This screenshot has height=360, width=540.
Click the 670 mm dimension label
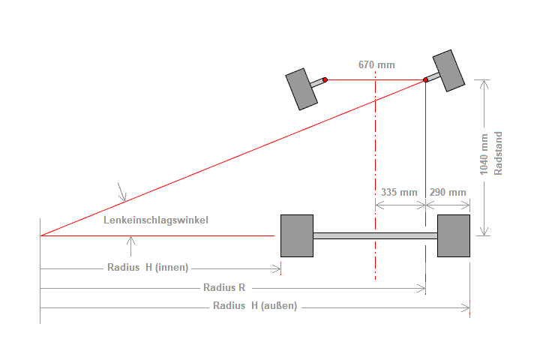(x=376, y=64)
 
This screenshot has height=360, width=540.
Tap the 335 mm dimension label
(x=399, y=192)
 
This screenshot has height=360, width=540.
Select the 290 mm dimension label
(x=448, y=192)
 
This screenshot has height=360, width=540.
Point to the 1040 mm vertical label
(x=484, y=154)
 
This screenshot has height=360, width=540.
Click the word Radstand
(x=498, y=154)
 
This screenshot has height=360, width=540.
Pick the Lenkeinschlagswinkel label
(x=156, y=220)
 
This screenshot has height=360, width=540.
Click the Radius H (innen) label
(x=148, y=267)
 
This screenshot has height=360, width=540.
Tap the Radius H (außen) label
(x=255, y=305)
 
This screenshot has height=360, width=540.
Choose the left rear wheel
(x=296, y=235)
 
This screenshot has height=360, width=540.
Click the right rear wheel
(x=454, y=235)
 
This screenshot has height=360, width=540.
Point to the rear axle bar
(x=375, y=235)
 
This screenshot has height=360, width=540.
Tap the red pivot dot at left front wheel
(x=325, y=79)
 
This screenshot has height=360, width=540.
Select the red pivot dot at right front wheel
(x=426, y=79)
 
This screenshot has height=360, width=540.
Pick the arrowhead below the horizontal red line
(x=131, y=241)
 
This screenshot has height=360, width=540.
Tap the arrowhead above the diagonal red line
(x=123, y=197)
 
